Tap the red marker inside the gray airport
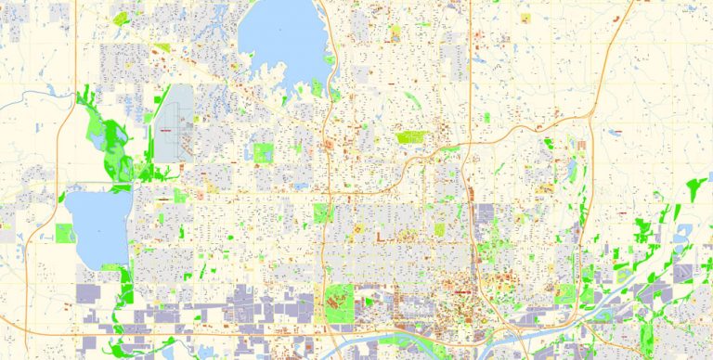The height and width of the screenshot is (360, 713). (167, 128)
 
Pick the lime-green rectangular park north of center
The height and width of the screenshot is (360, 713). (409, 137)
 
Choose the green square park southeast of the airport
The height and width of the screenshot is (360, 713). (264, 153)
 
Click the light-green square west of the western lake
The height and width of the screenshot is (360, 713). (64, 233)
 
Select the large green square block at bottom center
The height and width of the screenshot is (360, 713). (339, 300)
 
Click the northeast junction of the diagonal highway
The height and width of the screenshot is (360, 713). (590, 117)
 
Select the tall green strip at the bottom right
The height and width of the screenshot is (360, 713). (586, 278)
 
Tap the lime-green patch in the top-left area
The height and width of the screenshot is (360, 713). (122, 18)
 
